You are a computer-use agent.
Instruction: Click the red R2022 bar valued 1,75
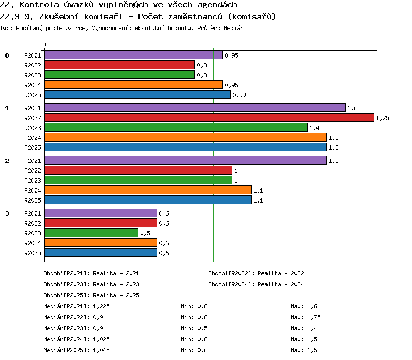coord(209,117)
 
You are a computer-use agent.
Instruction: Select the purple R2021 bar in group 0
coord(133,55)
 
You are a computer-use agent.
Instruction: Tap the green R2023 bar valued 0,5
coord(91,233)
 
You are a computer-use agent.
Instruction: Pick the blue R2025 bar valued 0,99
coord(137,94)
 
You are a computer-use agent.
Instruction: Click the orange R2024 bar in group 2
coord(148,190)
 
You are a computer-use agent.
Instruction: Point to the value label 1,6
coord(352,108)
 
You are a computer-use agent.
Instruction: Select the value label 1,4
coord(314,128)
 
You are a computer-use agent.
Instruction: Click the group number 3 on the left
coord(7,213)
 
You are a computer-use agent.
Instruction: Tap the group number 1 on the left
coord(7,108)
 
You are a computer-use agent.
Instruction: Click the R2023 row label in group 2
coord(32,181)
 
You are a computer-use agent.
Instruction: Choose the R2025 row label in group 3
coord(32,253)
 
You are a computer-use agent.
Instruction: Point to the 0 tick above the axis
coord(44,44)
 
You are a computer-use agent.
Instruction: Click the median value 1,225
coord(101,306)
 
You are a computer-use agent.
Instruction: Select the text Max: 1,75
coord(305,317)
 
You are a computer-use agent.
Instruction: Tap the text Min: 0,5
coord(194,328)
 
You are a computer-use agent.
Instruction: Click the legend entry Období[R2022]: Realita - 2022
coord(256,273)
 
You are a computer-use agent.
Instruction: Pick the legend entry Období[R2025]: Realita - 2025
coord(91,295)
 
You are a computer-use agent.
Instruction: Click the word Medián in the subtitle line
coord(233,28)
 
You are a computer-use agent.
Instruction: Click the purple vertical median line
coord(275,155)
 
